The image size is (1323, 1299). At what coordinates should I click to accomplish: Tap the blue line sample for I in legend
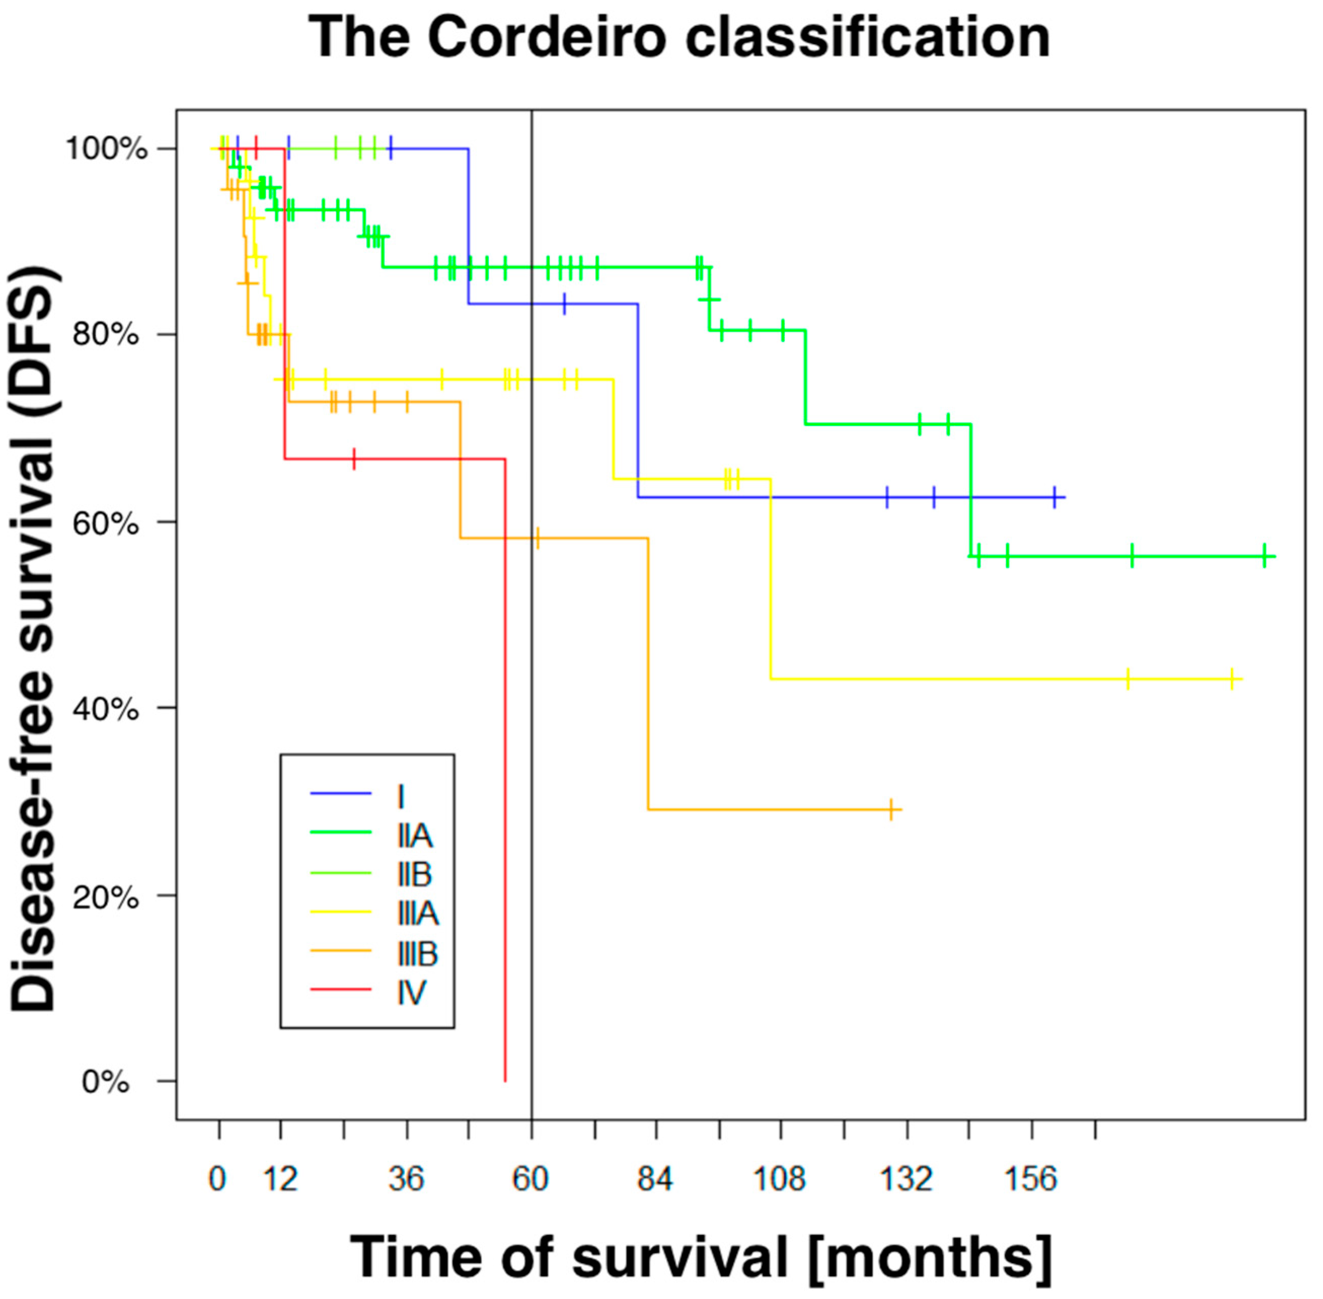(x=340, y=793)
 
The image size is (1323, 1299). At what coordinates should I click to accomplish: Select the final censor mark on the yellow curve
(x=1232, y=679)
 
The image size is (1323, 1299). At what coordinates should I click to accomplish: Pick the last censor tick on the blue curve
(x=1055, y=498)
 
